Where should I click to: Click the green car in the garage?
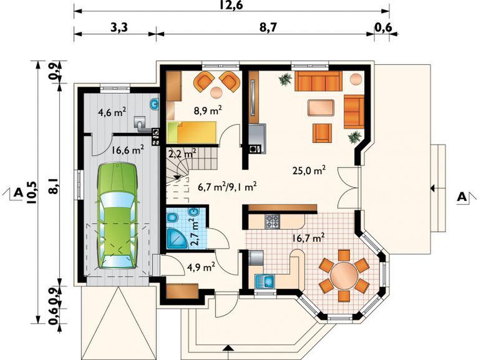[117, 216]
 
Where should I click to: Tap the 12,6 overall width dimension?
[231, 5]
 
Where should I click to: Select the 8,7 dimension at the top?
[268, 27]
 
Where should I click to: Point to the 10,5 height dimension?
[31, 192]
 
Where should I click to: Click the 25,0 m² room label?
[309, 170]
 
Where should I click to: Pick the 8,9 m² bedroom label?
[208, 110]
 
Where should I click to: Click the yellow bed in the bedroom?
[192, 132]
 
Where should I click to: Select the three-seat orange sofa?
[318, 81]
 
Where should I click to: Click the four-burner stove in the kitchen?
[272, 221]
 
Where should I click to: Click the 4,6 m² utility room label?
[112, 112]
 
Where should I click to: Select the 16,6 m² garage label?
[128, 150]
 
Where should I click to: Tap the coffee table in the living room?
[321, 108]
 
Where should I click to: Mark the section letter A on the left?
[18, 192]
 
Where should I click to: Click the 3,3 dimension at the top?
[119, 27]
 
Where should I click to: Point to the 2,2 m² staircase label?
[182, 153]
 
